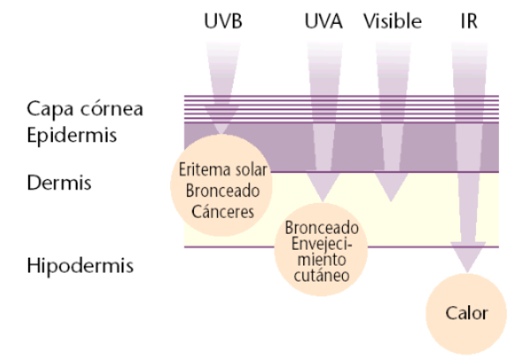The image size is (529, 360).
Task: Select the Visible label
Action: (x=392, y=20)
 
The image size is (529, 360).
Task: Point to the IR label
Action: (x=470, y=20)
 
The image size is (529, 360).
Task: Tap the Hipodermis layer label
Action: (x=73, y=265)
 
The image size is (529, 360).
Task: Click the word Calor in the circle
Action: (x=466, y=313)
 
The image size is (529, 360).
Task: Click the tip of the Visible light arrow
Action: (x=389, y=201)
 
